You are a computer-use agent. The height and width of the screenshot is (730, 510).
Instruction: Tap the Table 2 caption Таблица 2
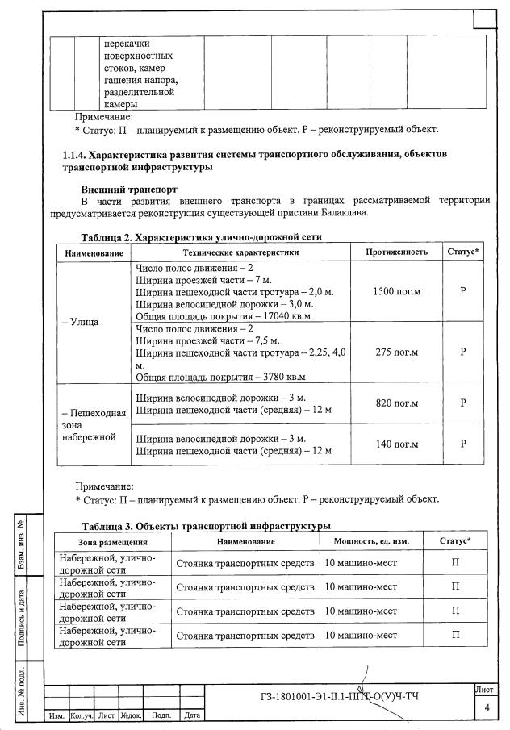(x=106, y=238)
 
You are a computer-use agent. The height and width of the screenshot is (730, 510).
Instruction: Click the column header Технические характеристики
(x=241, y=252)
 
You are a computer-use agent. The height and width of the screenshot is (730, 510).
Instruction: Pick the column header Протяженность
(x=396, y=252)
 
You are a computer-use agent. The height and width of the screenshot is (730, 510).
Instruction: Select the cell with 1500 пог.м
(x=396, y=290)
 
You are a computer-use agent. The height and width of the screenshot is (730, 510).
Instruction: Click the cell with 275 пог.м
(x=396, y=352)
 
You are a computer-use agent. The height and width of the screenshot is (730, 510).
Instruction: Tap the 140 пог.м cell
(x=396, y=444)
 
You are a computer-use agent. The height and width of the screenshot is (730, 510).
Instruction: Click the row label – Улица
(x=80, y=322)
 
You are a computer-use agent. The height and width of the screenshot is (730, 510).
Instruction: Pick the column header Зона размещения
(x=112, y=541)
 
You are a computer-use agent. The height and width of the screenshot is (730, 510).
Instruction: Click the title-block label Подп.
(x=161, y=715)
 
